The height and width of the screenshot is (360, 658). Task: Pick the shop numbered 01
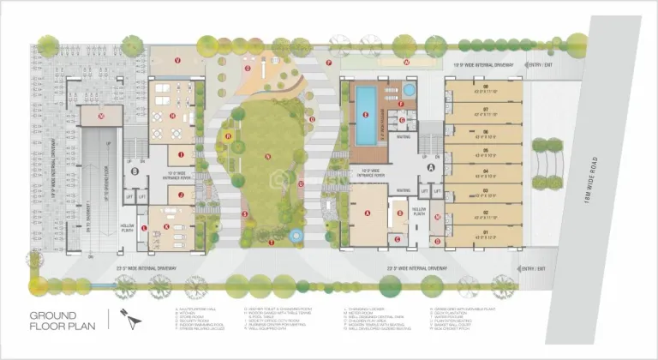coord(485,233)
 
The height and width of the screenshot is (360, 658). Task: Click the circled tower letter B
coord(135,171)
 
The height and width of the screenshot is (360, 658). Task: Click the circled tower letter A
coord(430,169)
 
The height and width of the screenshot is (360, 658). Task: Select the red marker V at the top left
coord(177,60)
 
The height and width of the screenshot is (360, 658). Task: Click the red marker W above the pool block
coord(407,62)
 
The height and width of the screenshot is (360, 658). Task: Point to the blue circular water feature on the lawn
coord(296,234)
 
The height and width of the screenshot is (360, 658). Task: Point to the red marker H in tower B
coord(173,116)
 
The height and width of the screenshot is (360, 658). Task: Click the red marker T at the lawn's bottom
coord(272,243)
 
